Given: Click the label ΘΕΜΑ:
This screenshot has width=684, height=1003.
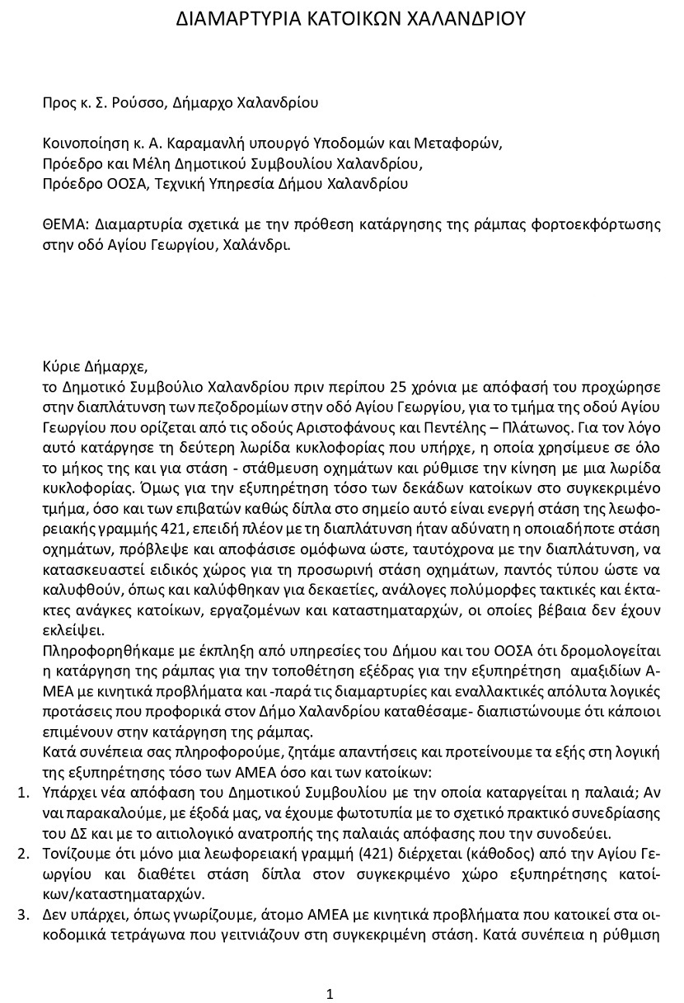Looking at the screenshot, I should click(66, 224).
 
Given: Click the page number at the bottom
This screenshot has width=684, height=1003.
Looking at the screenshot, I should click(330, 971).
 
